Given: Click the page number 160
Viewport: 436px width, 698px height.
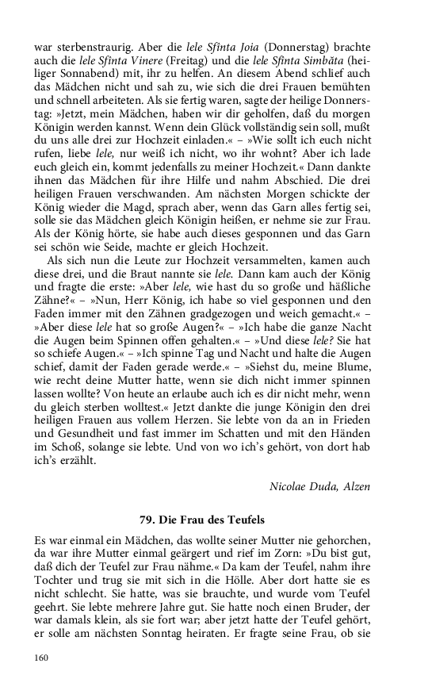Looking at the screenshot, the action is tap(40, 658).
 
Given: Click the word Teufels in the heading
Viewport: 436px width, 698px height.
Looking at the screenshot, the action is tap(245, 520).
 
